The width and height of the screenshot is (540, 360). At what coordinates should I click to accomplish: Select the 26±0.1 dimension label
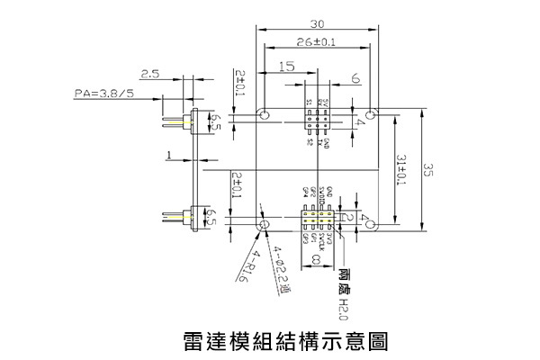click(x=316, y=42)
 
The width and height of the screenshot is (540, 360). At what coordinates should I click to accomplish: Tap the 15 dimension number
click(x=287, y=67)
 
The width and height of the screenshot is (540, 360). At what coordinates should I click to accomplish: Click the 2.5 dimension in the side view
click(x=149, y=75)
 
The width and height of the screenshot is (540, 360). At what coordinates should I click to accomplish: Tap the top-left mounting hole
click(x=265, y=115)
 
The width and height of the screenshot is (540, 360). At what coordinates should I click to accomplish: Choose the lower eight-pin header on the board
click(x=316, y=220)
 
